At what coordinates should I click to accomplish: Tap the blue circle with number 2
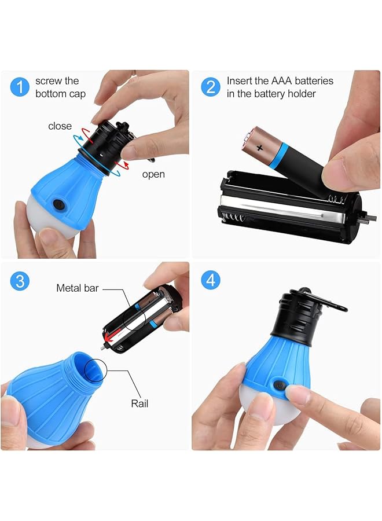(x=211, y=87)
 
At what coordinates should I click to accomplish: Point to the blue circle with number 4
(x=211, y=280)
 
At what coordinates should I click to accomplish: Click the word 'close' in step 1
(x=60, y=126)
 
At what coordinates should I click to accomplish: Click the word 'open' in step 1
(x=153, y=174)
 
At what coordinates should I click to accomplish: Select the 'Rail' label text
(x=139, y=403)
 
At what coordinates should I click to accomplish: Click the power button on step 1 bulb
(x=58, y=204)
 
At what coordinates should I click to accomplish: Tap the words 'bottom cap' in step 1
(x=60, y=94)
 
